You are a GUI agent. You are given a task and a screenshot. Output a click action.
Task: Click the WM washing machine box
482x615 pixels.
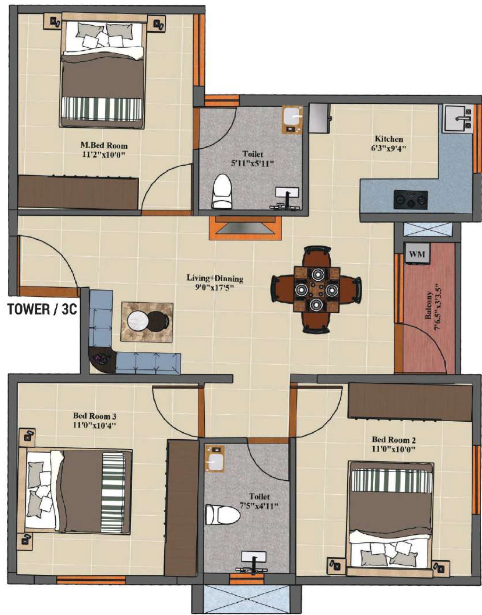[417, 254]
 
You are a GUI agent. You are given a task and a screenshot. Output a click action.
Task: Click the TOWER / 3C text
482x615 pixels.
[42, 309]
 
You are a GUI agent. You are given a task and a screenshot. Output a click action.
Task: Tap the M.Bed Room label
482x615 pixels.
[104, 145]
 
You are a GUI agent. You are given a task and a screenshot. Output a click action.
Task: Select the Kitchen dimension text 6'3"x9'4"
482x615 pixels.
[389, 148]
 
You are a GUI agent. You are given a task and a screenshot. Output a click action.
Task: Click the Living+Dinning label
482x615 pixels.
[215, 279]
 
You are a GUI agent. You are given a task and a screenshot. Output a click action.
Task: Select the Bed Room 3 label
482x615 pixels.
[95, 416]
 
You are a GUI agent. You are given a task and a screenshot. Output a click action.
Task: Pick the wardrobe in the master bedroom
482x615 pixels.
[78, 193]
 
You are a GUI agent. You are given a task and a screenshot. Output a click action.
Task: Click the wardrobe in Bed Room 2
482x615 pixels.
[410, 402]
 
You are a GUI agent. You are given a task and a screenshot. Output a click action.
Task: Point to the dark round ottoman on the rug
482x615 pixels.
[159, 320]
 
